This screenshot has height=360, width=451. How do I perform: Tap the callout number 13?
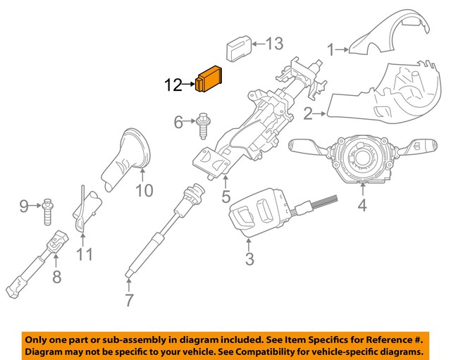coord(273,44)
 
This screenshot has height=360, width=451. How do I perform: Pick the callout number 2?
coord(309,113)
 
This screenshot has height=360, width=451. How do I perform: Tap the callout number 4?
coord(362,206)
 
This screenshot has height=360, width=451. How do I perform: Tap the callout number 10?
coord(144,190)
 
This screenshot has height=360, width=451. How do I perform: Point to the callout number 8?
coord(57,277)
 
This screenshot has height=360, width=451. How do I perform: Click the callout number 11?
coord(85,252)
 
